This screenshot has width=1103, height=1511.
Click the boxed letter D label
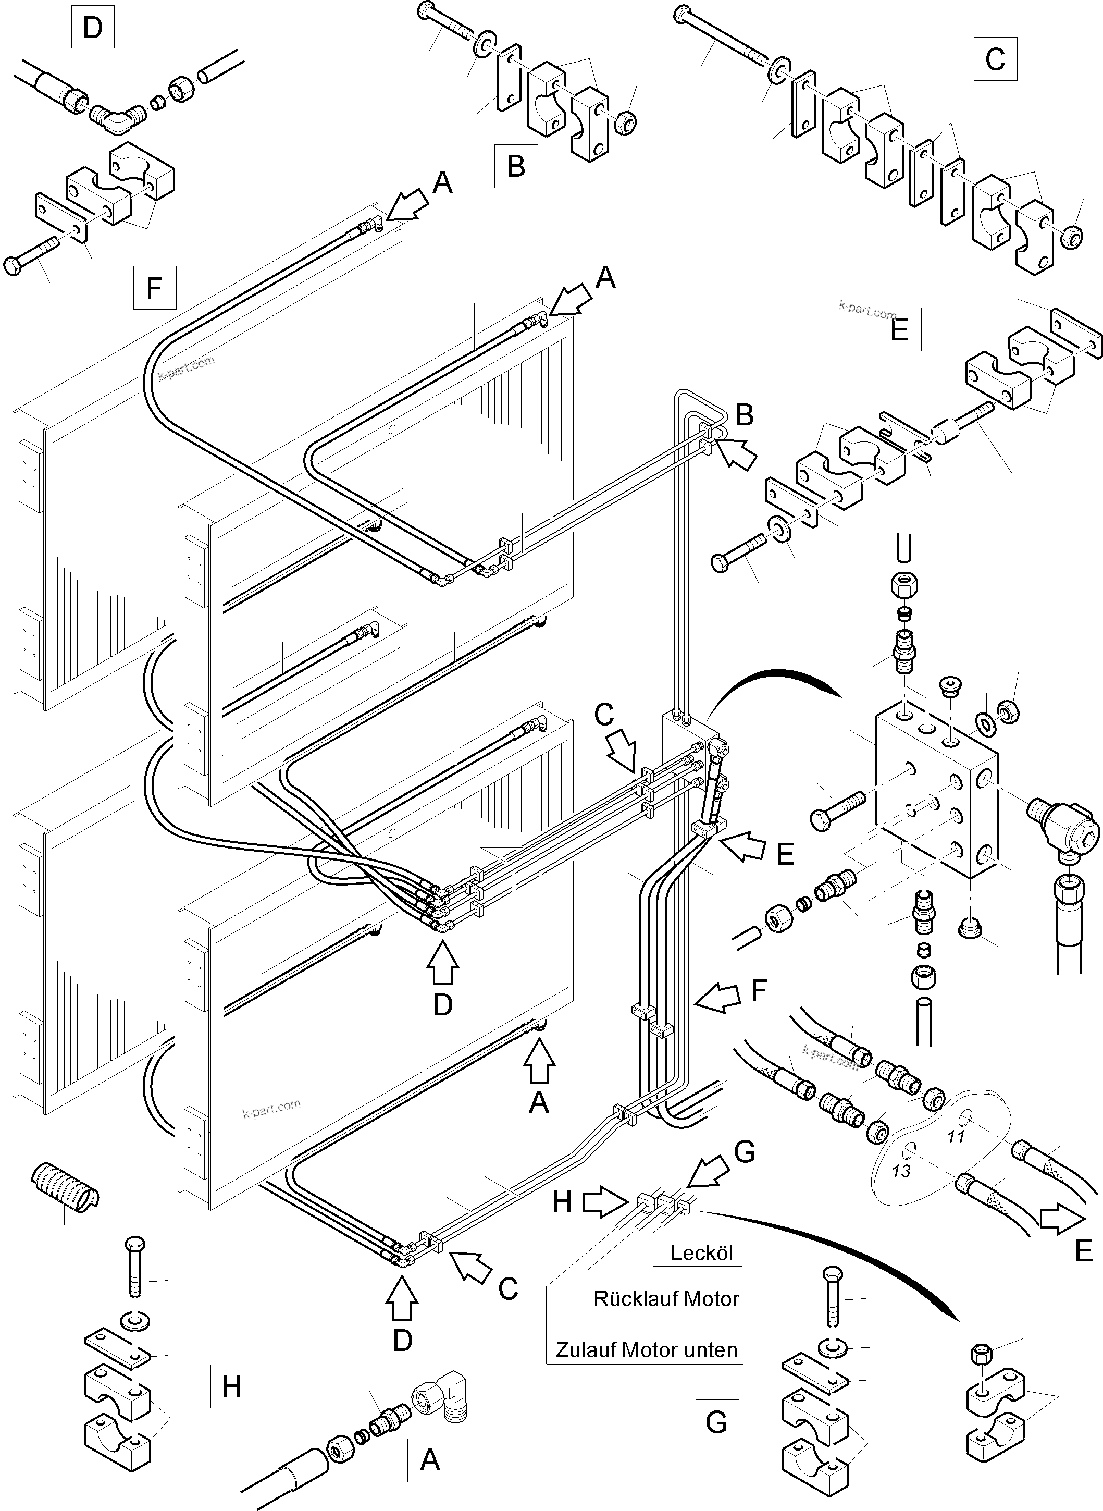[x=92, y=29]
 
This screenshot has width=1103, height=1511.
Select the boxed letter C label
[x=994, y=59]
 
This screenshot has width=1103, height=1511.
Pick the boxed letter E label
[x=899, y=329]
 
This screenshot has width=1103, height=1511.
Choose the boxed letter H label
[x=232, y=1387]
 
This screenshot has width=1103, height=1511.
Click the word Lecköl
[x=701, y=1253]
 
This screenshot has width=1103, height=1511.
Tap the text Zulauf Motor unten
[x=646, y=1350]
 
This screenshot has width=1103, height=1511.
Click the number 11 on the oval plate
[x=956, y=1136]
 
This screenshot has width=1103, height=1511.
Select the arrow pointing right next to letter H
[x=603, y=1202]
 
